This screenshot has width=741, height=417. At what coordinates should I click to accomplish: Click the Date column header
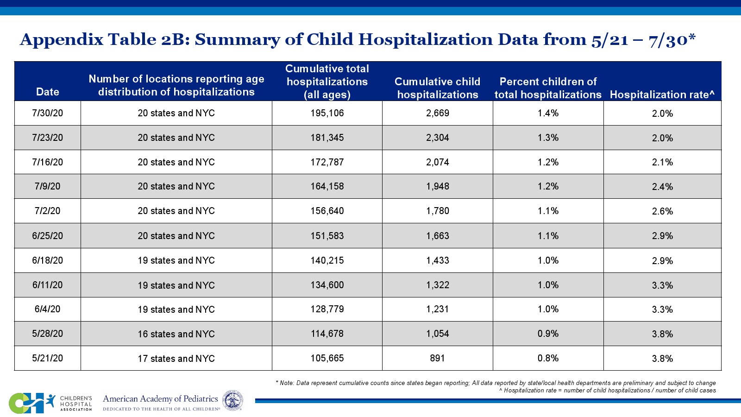pos(48,92)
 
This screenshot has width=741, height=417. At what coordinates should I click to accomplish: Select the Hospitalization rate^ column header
pos(662,95)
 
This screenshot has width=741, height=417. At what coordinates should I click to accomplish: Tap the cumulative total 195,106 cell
pos(327,113)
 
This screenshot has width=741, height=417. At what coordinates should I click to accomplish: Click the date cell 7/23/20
pos(48,138)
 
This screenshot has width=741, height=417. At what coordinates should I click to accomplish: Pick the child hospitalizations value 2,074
pos(438,162)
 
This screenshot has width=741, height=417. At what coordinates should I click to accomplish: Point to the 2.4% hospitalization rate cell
pos(662,187)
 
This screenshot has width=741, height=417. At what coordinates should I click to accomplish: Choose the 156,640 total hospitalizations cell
pos(327,211)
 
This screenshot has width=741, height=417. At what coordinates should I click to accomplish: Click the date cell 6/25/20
pos(48,236)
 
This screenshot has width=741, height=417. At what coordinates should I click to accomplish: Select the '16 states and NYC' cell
pos(176,334)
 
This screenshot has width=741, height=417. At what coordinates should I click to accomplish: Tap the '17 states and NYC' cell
pos(176,359)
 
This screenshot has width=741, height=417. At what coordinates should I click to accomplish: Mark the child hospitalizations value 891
pos(438,358)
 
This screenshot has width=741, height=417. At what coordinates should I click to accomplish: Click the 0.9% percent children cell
pos(548,334)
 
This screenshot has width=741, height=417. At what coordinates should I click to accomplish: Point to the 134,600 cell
pos(327,285)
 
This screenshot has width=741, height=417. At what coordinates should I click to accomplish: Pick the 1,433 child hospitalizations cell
pos(438,260)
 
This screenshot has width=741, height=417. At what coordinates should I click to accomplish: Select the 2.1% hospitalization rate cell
pos(662,162)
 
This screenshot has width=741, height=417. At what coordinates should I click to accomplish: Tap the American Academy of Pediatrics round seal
pos(232,400)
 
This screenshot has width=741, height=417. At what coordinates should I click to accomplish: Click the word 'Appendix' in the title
pos(61,40)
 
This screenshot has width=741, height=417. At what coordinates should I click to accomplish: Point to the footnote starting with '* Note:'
pos(496,383)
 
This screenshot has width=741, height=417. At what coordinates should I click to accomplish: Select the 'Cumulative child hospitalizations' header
pos(438,88)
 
